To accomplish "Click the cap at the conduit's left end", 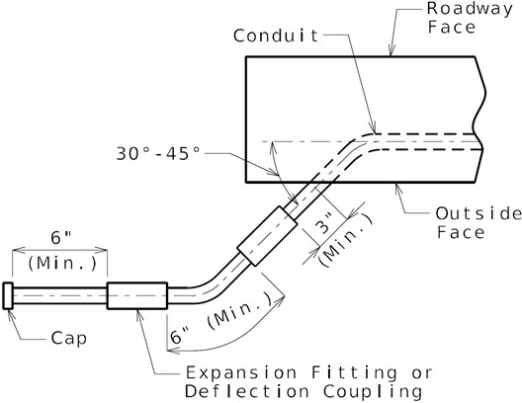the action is (x=8, y=296).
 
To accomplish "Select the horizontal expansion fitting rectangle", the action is (x=137, y=295).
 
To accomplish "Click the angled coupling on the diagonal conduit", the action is (x=267, y=236).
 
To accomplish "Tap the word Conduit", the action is (x=276, y=36).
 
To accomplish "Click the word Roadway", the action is (x=470, y=9).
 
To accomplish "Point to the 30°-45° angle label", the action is (x=158, y=154).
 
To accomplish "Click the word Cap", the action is (x=69, y=339).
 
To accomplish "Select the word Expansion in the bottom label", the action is (x=241, y=372).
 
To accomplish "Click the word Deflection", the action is (x=247, y=391).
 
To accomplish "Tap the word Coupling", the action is (x=373, y=392).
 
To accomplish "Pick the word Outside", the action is (x=478, y=213).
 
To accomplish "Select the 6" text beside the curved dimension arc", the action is (x=180, y=336).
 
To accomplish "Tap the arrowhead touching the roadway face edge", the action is (x=391, y=50).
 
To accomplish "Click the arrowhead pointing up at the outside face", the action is (x=398, y=189).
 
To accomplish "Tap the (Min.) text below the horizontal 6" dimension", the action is (x=62, y=264).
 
